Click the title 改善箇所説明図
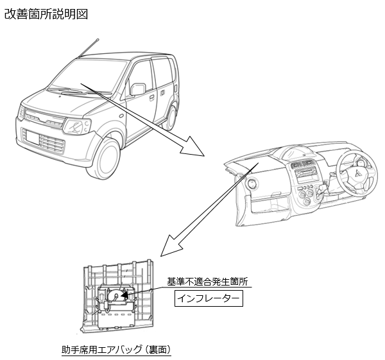[x=46, y=13]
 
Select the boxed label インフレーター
[x=209, y=299]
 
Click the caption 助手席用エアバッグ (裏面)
[x=116, y=350]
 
